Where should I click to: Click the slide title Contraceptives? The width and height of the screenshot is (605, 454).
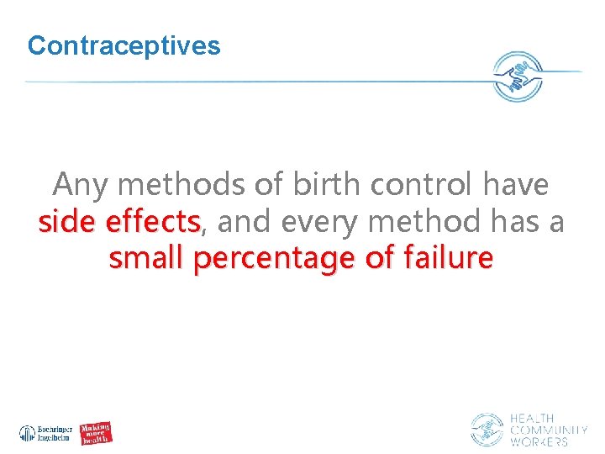coord(124,45)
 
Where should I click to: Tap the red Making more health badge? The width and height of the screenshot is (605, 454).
coord(97,432)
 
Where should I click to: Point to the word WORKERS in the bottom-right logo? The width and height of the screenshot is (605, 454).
coord(539,441)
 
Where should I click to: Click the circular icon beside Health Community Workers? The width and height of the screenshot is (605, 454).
coord(487,430)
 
